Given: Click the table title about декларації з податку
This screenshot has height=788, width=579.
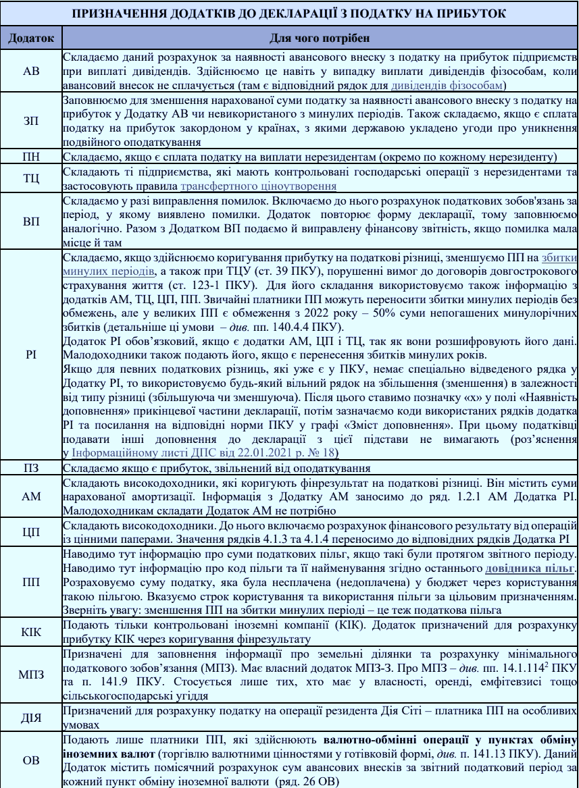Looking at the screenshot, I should (x=289, y=14).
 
